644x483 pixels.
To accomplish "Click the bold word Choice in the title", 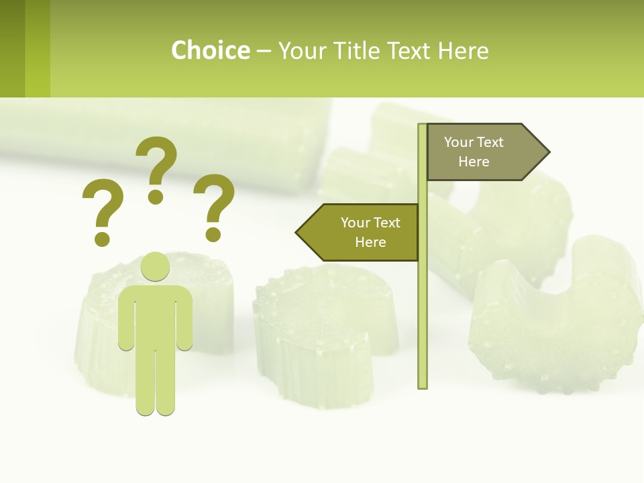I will (x=210, y=50).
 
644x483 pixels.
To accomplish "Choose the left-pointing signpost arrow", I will (x=359, y=232).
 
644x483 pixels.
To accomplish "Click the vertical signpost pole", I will (x=423, y=302).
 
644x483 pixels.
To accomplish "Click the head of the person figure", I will (x=155, y=267).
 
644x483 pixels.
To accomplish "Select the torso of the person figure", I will (x=155, y=315).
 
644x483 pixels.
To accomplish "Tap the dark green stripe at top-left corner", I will (x=12, y=48).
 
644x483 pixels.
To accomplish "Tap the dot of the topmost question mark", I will (x=156, y=197).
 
